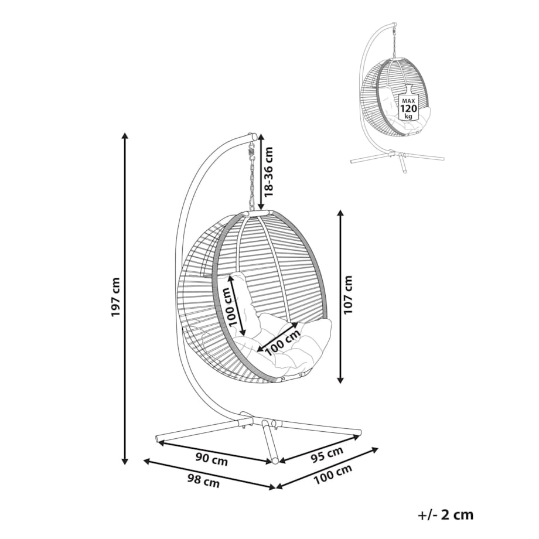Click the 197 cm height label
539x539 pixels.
pyautogui.click(x=115, y=297)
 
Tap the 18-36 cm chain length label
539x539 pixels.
pyautogui.click(x=269, y=170)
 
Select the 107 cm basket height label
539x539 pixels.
pyautogui.click(x=350, y=295)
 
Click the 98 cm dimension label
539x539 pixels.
pyautogui.click(x=203, y=482)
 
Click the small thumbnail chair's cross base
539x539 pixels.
pyautogui.click(x=398, y=157)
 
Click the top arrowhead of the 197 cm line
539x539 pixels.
pyautogui.click(x=125, y=137)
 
